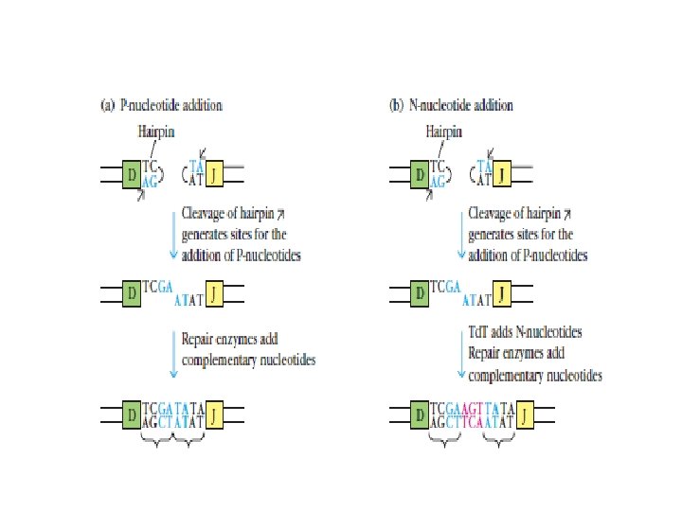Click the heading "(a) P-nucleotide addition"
click(161, 105)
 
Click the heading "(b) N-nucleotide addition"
click(451, 105)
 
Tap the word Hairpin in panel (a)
click(157, 132)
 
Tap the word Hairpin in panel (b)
click(444, 132)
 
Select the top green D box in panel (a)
click(133, 174)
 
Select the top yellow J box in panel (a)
click(216, 174)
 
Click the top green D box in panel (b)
click(420, 174)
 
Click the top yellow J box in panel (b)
click(504, 174)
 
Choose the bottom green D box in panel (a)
click(133, 413)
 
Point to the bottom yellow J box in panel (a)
click(217, 413)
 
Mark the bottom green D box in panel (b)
click(420, 413)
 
